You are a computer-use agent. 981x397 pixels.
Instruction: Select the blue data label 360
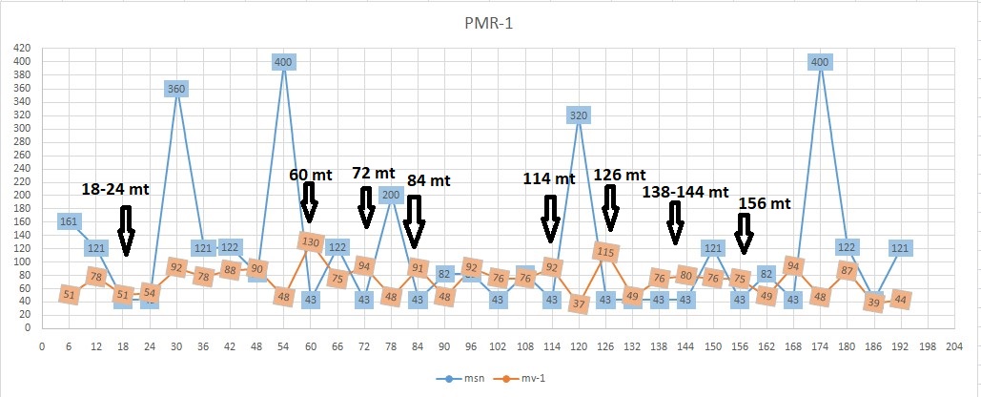(176, 89)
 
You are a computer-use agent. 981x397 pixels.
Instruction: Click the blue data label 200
(391, 195)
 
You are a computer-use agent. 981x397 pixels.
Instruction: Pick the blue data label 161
(69, 222)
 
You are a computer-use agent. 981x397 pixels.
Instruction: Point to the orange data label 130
(310, 241)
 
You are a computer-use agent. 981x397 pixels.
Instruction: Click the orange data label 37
(579, 304)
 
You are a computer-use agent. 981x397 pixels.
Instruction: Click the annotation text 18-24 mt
(114, 190)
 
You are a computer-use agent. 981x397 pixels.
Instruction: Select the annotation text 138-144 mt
(685, 192)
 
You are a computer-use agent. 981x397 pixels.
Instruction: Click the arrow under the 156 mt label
(744, 234)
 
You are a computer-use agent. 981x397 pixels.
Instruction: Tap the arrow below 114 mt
(550, 219)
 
